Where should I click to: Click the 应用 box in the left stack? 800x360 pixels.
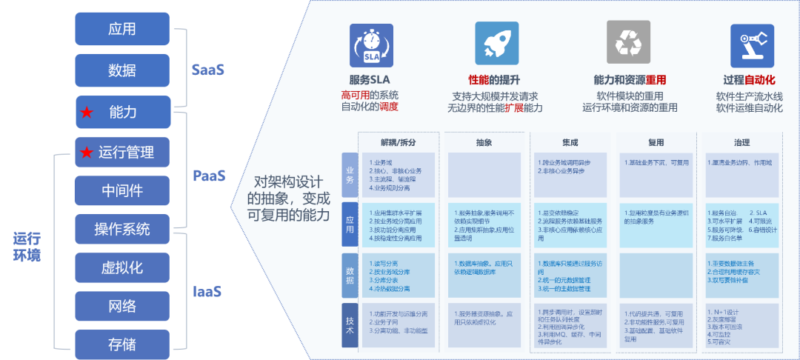(x=122, y=30)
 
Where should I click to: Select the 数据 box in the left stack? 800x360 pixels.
(x=122, y=70)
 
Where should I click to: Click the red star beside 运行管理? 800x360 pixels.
(x=87, y=153)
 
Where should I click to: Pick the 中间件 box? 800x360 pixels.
(x=122, y=191)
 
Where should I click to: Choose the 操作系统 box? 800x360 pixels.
(x=122, y=229)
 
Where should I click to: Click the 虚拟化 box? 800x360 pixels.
(x=122, y=267)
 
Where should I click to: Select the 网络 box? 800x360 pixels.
(x=122, y=305)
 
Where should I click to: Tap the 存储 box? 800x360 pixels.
(x=122, y=344)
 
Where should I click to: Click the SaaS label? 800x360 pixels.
(x=207, y=70)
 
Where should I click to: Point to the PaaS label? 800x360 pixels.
(x=209, y=176)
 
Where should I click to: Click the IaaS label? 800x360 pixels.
(x=207, y=291)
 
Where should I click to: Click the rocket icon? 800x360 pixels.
(x=496, y=44)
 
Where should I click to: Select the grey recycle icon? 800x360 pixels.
(x=628, y=44)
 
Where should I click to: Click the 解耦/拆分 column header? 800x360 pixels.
(x=400, y=141)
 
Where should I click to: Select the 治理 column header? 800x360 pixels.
(x=741, y=141)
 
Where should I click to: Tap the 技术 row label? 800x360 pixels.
(x=350, y=325)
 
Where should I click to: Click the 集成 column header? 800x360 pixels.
(x=570, y=141)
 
